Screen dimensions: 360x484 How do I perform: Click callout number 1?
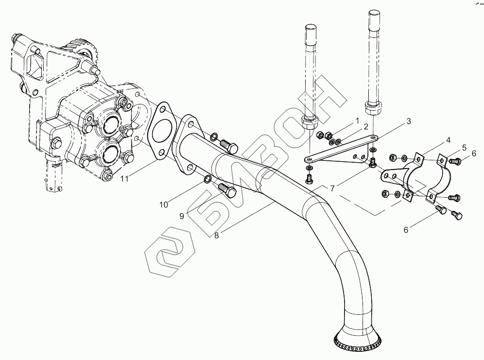[x=356, y=120]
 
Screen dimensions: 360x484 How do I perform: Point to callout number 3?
[x=409, y=120]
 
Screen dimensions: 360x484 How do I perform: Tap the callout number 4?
[x=449, y=140]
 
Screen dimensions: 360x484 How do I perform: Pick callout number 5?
[x=464, y=147]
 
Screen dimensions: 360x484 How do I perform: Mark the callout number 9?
[x=181, y=216]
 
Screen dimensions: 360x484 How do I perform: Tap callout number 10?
[x=165, y=205]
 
